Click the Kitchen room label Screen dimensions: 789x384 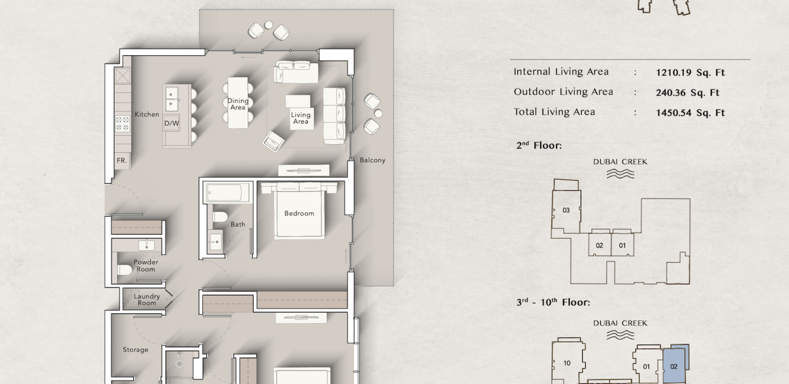click(147, 114)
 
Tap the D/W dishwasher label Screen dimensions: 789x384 click(171, 123)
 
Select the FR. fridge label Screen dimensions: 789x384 click(122, 160)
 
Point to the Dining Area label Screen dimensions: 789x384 click(238, 104)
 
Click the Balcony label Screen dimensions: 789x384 click(372, 160)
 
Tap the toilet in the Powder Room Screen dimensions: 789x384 click(124, 270)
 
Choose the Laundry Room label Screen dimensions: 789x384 click(147, 299)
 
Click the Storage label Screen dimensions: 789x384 click(135, 350)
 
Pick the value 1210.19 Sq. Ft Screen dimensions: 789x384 click(690, 73)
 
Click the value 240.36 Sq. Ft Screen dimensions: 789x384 click(687, 93)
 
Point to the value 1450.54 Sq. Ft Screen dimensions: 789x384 click(690, 113)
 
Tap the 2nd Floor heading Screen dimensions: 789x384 click(539, 145)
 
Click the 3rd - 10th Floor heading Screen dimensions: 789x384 click(553, 302)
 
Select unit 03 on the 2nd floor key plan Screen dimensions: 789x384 click(566, 210)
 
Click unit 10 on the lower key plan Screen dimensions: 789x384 click(567, 363)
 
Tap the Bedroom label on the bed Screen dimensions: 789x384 click(299, 213)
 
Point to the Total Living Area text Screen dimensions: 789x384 click(554, 112)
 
